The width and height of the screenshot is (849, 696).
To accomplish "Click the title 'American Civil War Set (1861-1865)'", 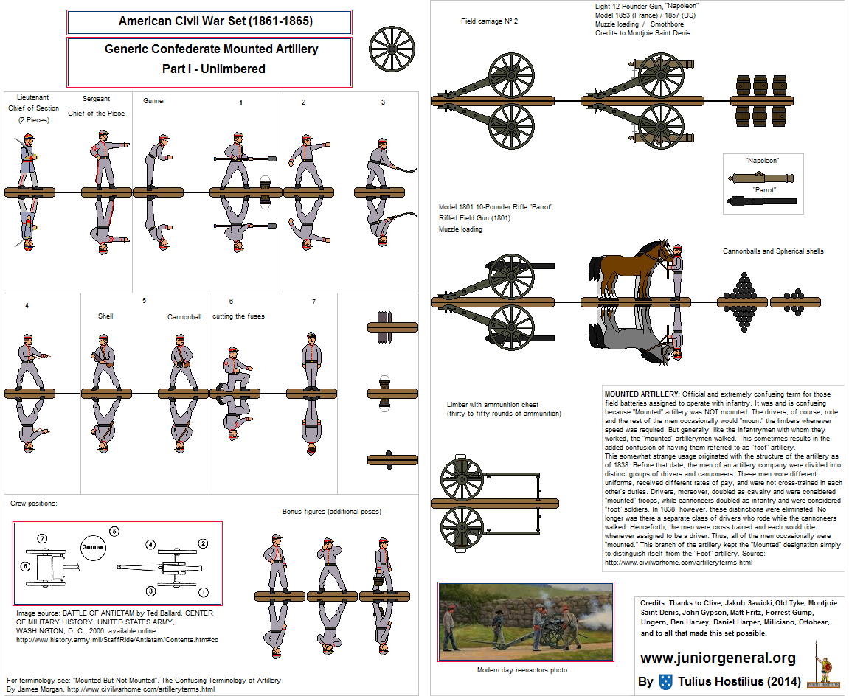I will pos(215,21).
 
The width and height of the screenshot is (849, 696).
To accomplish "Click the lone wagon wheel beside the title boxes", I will pos(392,50).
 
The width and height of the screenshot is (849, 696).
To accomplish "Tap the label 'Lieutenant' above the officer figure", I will pos(32,97).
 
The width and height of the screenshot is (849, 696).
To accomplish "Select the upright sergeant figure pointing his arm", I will pos(105,159).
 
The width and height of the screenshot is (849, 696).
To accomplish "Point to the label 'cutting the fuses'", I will pos(238,316).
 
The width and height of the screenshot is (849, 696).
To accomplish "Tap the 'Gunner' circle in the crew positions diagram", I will pos(94,547).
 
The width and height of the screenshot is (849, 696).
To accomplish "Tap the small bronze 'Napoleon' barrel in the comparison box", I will pos(762,178).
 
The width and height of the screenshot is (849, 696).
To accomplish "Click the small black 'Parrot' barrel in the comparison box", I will pos(762,201).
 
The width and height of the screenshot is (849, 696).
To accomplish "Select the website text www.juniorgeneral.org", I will pos(717,658).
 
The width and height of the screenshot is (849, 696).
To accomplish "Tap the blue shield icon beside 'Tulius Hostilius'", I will pos(666,681).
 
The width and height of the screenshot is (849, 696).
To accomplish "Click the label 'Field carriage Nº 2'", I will pos(489,21).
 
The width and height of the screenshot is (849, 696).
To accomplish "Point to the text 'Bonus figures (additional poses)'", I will pos(332,511).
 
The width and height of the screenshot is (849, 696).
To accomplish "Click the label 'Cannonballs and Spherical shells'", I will pos(772,251).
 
